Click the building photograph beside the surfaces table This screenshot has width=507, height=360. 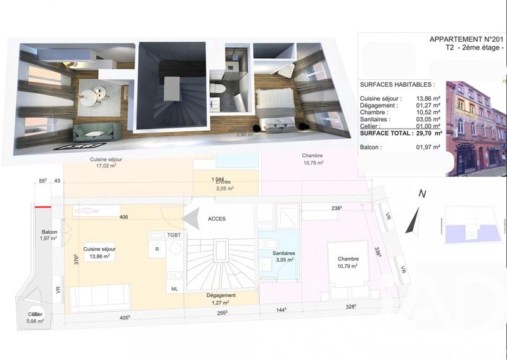pos(476,127)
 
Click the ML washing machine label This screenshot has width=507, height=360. pos(174,288)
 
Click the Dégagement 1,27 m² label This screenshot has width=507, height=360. pos(221,299)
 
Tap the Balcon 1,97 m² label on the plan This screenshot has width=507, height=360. pos(49,235)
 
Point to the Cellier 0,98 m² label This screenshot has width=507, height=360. pos(35,318)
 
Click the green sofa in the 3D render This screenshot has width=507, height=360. pos(97,132)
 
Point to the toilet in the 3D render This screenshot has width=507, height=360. pos(216,88)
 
